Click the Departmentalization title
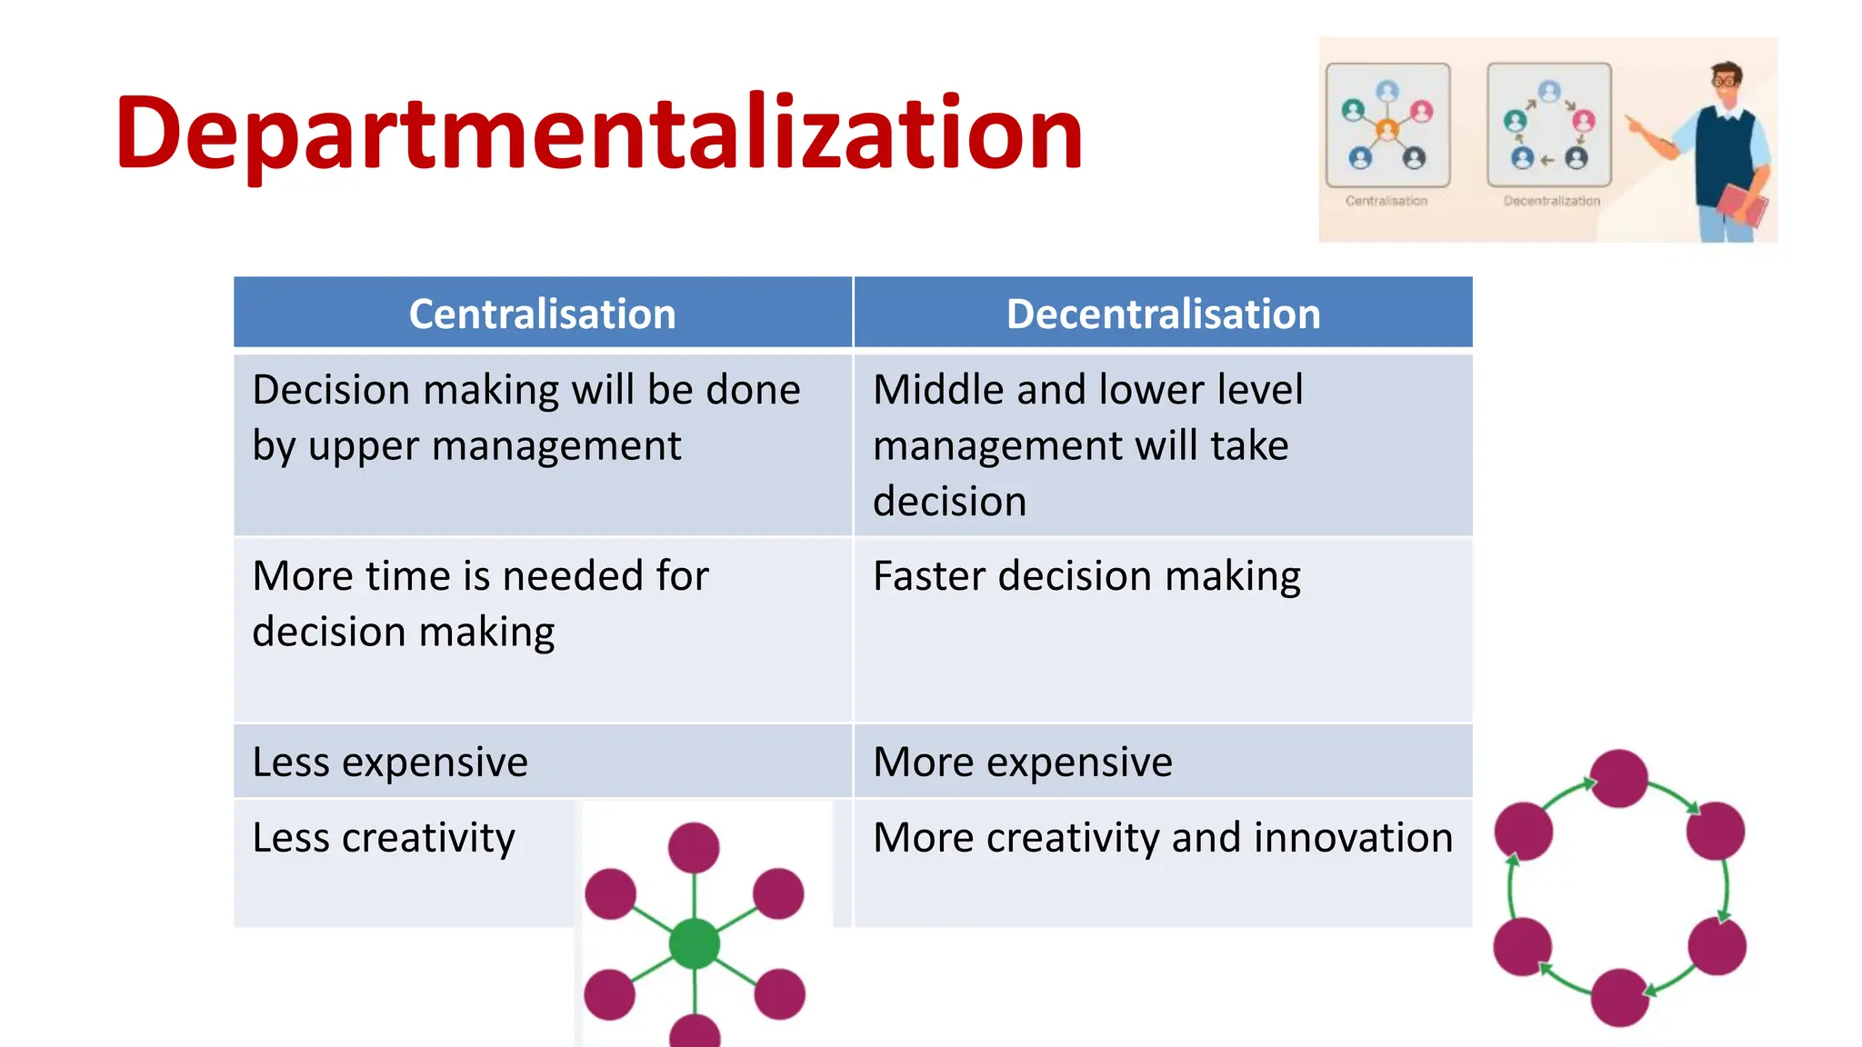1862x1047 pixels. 598,134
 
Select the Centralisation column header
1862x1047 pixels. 542,314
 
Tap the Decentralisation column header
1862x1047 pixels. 1163,314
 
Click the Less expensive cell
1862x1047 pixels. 390,762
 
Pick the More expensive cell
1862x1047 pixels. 1022,762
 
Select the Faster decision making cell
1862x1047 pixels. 1086,576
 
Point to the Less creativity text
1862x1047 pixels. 384,837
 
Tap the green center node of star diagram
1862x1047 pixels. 695,944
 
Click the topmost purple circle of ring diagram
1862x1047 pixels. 1619,778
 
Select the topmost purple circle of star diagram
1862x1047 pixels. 694,848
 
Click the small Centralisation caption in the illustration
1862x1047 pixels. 1386,201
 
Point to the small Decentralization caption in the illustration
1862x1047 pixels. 1551,201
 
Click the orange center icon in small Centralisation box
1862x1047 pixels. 1386,130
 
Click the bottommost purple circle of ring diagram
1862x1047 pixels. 1620,997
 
